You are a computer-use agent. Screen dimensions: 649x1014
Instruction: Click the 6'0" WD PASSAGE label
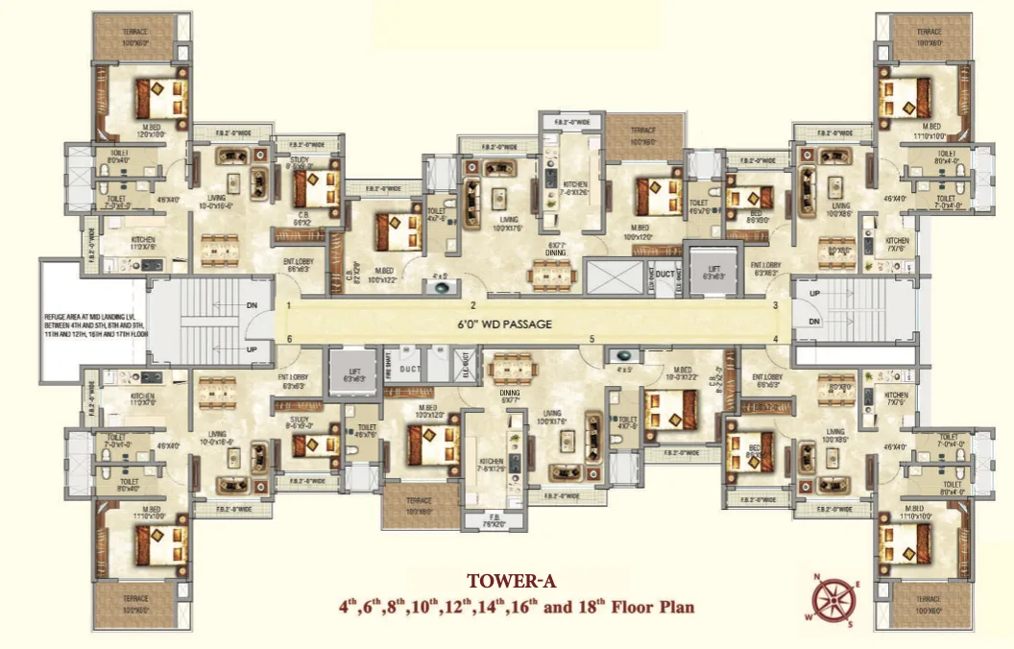(504, 324)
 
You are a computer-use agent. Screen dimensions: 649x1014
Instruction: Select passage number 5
(592, 339)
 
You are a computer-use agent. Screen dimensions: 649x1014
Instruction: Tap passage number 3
(775, 305)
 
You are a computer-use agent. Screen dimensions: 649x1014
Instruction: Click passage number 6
(289, 339)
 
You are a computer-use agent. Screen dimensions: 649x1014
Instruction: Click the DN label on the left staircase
(252, 304)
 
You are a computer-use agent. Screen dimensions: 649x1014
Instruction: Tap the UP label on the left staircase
(252, 349)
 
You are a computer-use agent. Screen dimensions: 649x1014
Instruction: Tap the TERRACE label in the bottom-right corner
(928, 604)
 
